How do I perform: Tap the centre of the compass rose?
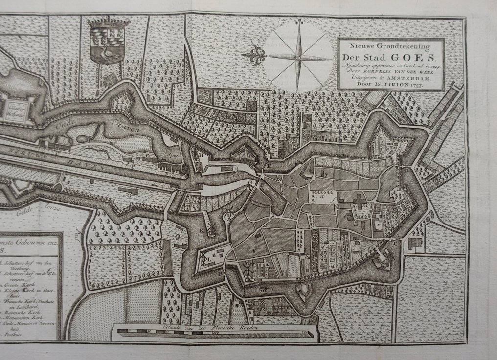click(297, 57)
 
